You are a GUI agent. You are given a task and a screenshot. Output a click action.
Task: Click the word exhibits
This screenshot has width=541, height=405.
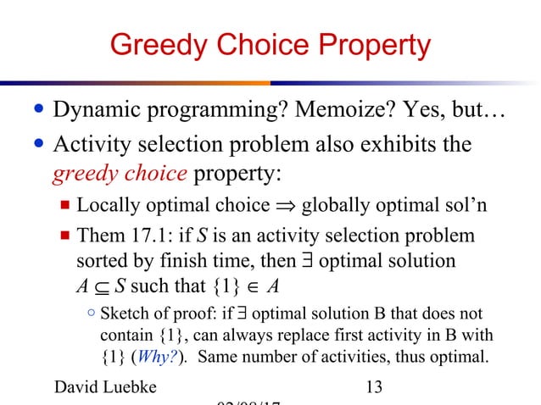[402, 145]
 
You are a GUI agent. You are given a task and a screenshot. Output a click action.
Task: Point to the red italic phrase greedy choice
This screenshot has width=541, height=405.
[120, 174]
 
